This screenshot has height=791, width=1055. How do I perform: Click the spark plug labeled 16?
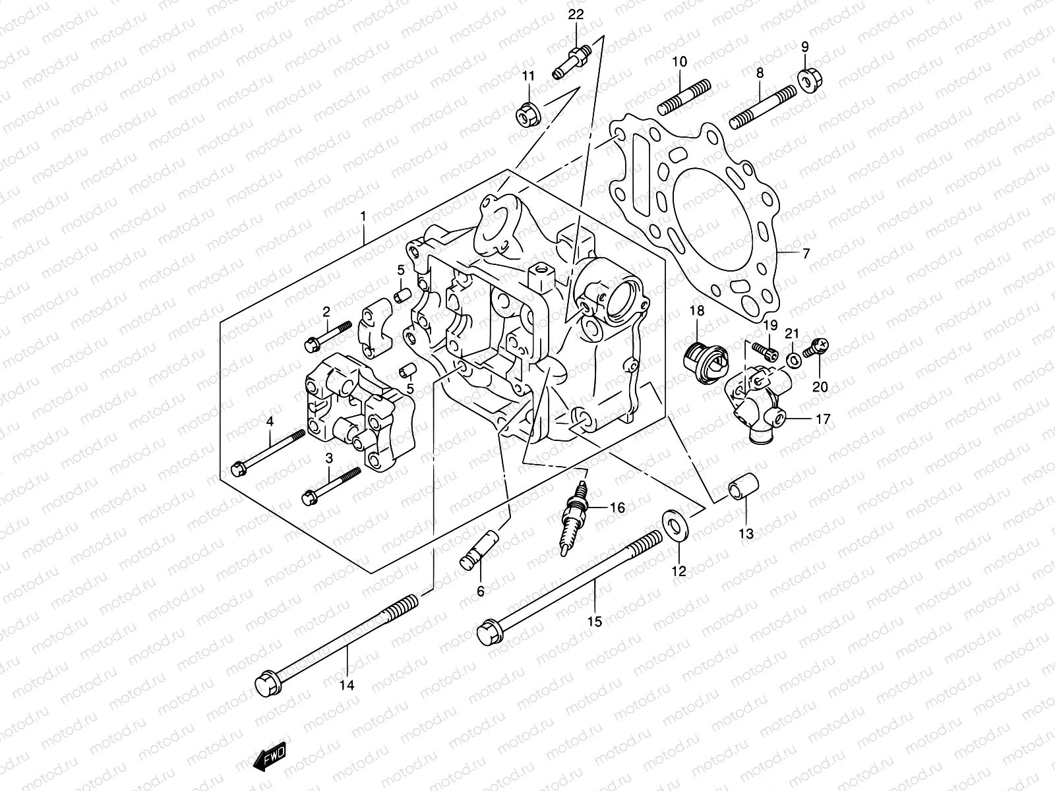pos(575,517)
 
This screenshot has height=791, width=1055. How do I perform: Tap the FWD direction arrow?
pos(269,758)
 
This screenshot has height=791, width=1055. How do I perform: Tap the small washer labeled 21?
pos(793,360)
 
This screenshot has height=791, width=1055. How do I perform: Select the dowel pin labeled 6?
pos(477,549)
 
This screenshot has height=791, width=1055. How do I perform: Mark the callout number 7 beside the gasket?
pos(806,253)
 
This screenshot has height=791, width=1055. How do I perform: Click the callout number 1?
pos(363,216)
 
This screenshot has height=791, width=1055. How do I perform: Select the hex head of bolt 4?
pos(239,468)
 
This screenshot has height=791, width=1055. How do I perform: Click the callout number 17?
pos(823,419)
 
